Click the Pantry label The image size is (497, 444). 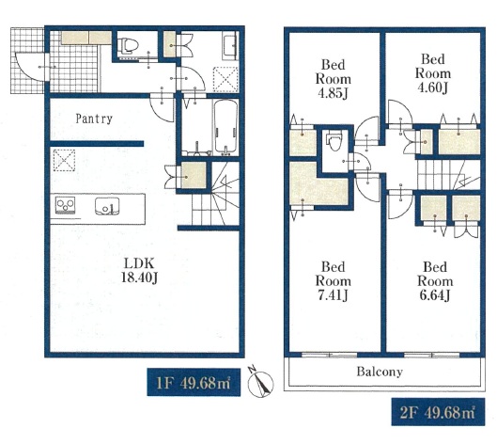[94, 119]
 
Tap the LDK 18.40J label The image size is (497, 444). [139, 270]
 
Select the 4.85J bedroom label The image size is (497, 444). [333, 79]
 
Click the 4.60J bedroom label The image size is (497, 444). [433, 73]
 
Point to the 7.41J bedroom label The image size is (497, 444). [333, 281]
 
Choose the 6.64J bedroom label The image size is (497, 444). [435, 281]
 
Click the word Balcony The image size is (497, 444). [380, 372]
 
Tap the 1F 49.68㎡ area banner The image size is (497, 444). [194, 382]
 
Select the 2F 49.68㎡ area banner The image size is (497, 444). [438, 412]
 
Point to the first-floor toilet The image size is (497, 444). [128, 45]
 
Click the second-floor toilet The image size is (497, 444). [334, 140]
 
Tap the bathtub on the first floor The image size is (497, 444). [225, 127]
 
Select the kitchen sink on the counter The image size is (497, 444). [107, 206]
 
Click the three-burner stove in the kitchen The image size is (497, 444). [65, 205]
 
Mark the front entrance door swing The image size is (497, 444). [29, 67]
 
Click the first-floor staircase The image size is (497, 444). [215, 194]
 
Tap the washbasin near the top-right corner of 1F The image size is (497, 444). [230, 45]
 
